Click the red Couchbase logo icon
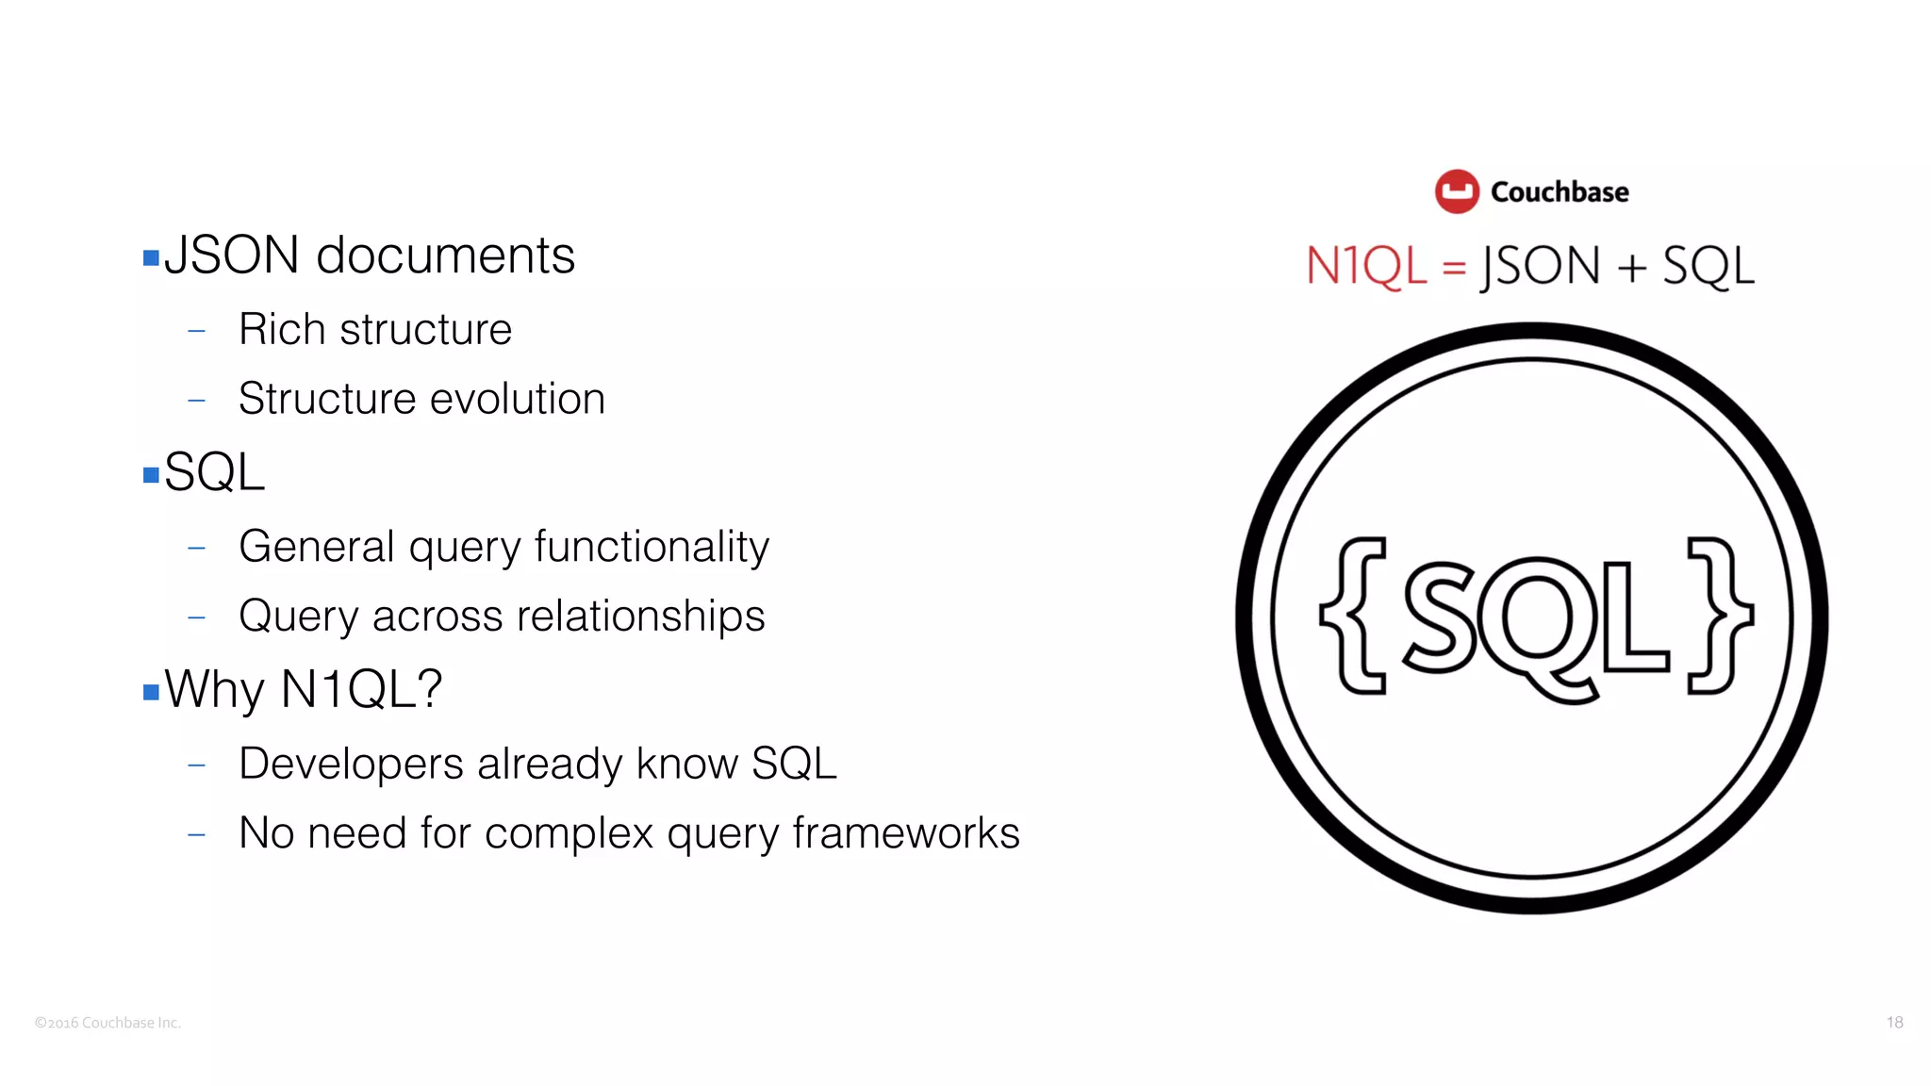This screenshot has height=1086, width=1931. click(1457, 191)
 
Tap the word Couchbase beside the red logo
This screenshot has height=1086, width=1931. click(1560, 192)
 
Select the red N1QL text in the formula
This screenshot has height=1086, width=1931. click(1366, 266)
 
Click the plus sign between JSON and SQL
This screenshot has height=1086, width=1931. click(1631, 268)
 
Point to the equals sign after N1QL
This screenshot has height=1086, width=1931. click(1455, 268)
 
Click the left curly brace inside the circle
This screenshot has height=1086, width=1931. click(1354, 617)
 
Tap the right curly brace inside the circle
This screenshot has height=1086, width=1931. click(1720, 617)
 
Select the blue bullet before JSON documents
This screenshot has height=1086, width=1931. click(151, 257)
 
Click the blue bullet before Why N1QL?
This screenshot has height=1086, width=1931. click(151, 692)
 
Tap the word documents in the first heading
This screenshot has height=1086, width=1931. click(445, 255)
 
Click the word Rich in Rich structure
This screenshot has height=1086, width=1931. click(282, 330)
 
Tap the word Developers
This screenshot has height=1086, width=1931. click(351, 765)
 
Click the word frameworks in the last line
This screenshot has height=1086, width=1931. click(905, 833)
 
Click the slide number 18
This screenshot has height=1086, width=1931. click(1894, 1023)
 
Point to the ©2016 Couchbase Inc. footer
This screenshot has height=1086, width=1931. click(107, 1023)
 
